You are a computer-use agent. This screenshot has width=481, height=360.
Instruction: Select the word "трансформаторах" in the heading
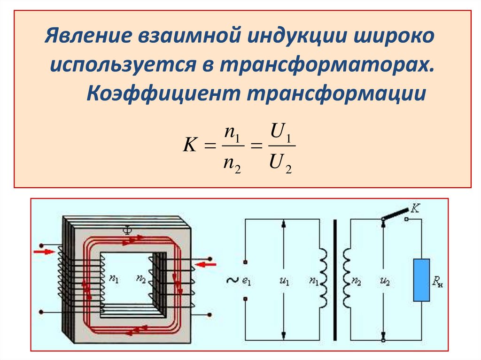click(324, 65)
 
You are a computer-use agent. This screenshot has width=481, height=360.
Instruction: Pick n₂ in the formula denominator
click(232, 164)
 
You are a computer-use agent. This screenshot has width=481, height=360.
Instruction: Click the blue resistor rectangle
click(421, 280)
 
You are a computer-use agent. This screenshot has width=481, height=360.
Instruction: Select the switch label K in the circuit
click(415, 208)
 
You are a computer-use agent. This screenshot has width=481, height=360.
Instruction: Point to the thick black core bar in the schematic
click(335, 280)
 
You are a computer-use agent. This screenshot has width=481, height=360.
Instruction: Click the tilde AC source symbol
click(232, 280)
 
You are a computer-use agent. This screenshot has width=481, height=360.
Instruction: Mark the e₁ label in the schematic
click(247, 282)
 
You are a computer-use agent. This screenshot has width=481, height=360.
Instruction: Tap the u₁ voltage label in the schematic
click(284, 282)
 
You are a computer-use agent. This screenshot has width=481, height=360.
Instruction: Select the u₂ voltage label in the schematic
click(384, 282)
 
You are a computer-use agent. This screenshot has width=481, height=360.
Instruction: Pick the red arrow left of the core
click(44, 252)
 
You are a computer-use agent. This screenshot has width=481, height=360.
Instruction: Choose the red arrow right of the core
click(206, 265)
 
